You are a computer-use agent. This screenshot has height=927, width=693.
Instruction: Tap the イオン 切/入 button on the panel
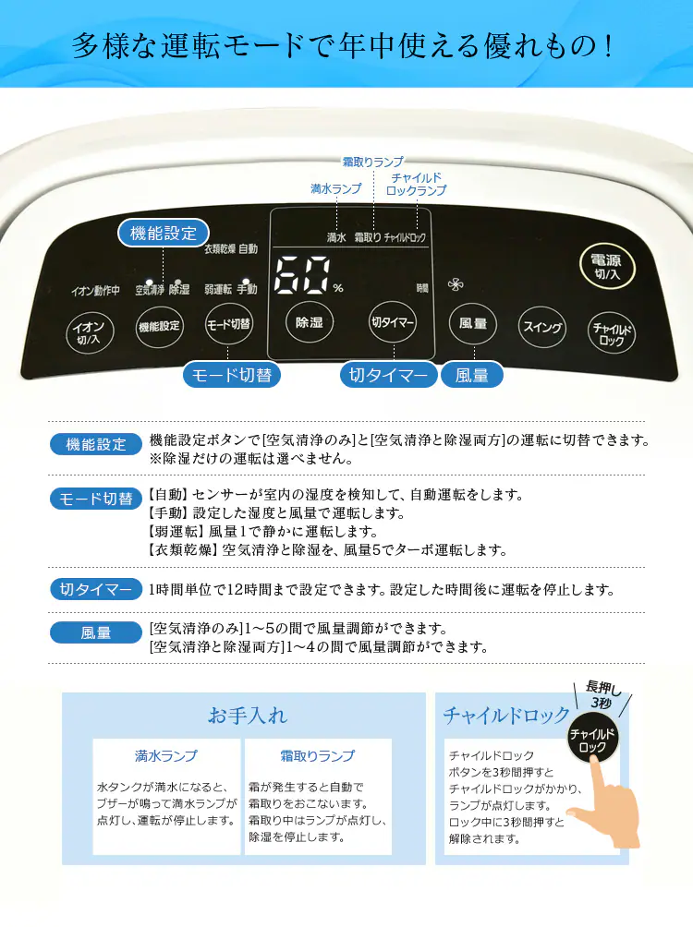click(90, 330)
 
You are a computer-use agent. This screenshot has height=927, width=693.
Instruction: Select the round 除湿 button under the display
click(309, 323)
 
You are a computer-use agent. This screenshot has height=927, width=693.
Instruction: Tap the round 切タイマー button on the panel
click(393, 323)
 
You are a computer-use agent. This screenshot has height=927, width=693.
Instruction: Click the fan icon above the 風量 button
click(455, 284)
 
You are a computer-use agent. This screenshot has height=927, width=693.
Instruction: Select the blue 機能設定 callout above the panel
click(164, 234)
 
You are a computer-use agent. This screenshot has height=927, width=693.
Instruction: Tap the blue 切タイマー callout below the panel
click(389, 375)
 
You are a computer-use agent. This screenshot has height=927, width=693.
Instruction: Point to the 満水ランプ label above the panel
click(335, 188)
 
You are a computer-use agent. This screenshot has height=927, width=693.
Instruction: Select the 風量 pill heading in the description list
click(96, 633)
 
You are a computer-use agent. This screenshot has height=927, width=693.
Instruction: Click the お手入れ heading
click(248, 716)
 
